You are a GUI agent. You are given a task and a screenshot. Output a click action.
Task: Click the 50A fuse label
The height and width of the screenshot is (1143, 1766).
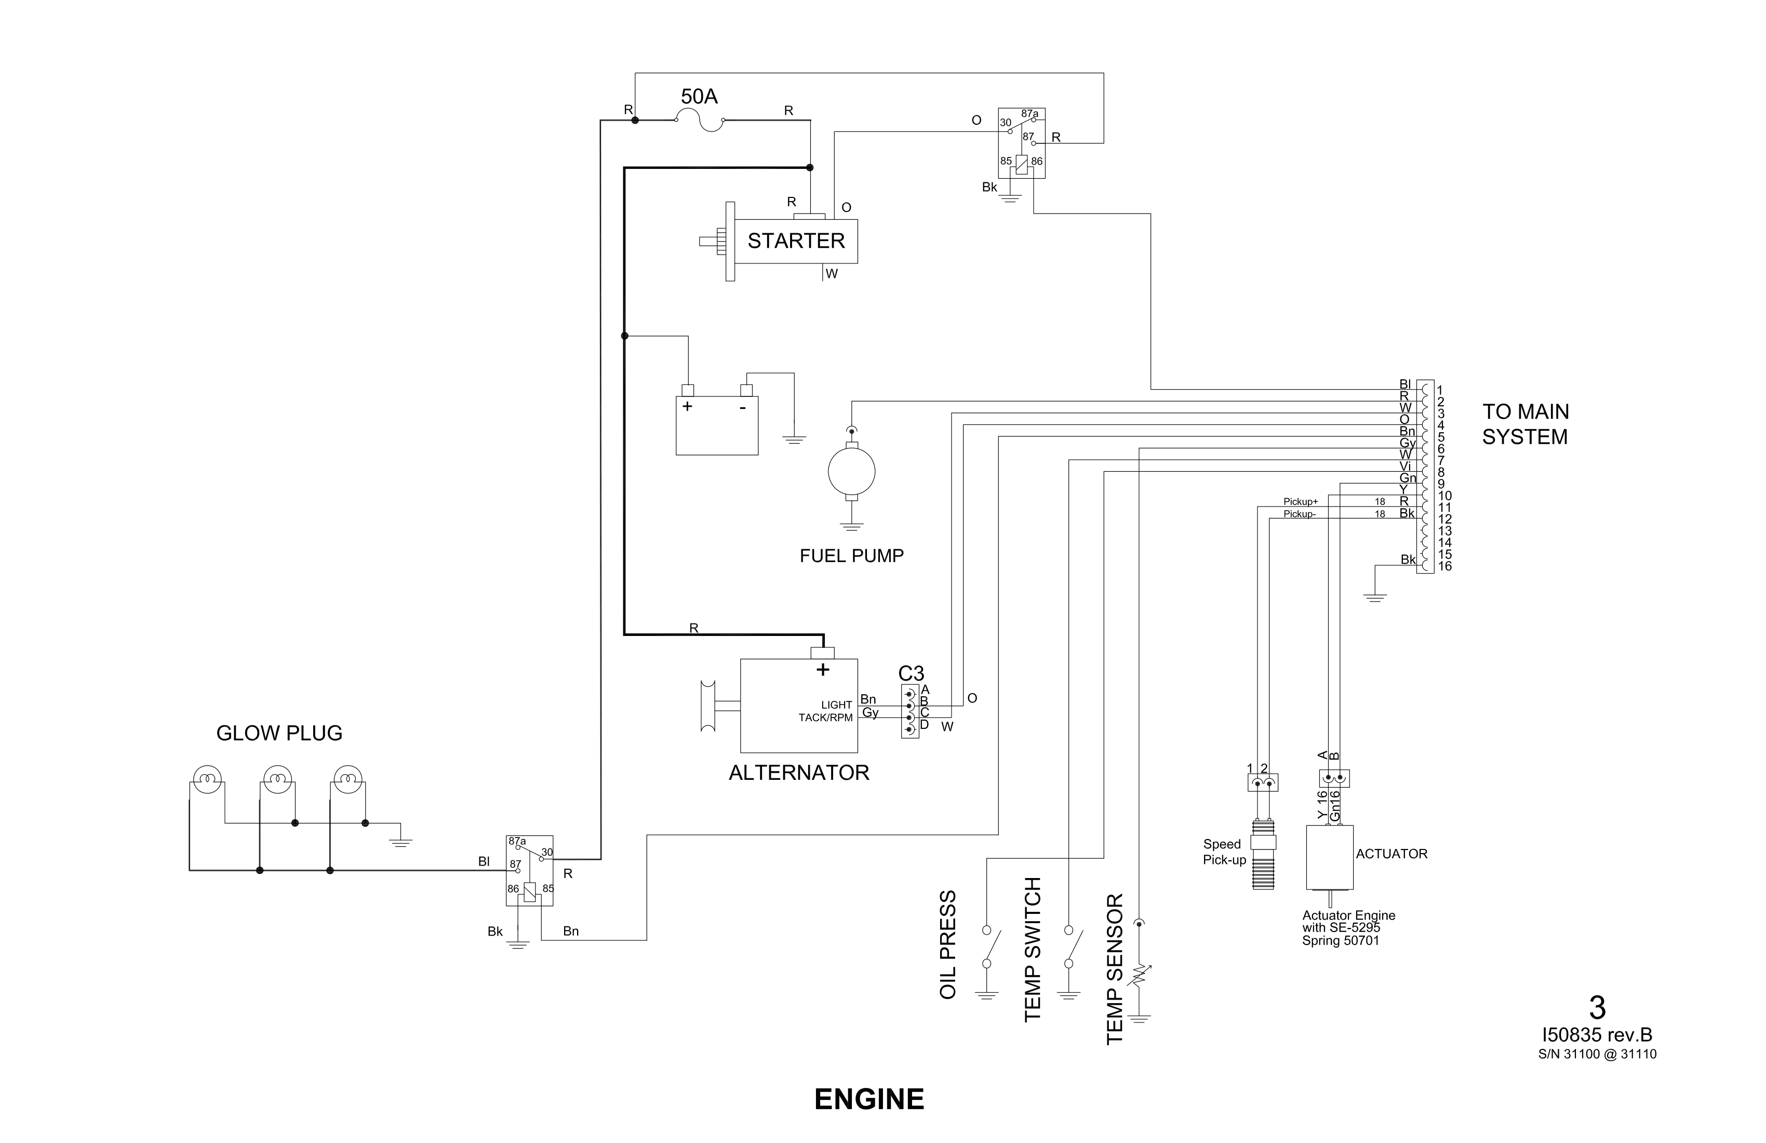point(699,97)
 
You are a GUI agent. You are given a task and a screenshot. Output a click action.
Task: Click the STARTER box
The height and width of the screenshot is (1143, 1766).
point(795,241)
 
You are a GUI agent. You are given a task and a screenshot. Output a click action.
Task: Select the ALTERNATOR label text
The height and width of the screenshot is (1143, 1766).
point(798,773)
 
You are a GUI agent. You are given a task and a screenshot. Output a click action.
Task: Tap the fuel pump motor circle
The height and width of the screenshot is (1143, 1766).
point(851,472)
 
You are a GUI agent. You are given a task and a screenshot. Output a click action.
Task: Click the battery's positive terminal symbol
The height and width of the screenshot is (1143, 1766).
point(688,407)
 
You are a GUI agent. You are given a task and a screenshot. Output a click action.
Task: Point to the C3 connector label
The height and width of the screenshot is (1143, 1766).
point(911,673)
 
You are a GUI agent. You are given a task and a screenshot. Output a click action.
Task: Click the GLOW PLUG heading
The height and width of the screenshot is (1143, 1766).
point(279,733)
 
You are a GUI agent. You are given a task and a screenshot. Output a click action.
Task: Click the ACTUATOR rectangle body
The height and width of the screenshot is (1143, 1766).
point(1329,857)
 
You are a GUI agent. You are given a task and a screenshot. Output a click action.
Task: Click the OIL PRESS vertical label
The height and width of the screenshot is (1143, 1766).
point(948,945)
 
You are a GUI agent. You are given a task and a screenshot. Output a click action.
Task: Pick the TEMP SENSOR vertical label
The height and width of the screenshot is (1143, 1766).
point(1115,969)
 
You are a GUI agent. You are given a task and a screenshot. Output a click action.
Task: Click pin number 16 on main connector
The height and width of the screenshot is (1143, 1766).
point(1444,566)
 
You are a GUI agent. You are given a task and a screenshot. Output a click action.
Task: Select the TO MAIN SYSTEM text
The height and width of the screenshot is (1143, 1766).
point(1525,424)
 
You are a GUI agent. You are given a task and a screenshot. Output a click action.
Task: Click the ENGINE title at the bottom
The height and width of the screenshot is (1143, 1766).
point(869,1099)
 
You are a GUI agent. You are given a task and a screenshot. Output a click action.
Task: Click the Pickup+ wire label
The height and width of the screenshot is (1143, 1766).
point(1301,502)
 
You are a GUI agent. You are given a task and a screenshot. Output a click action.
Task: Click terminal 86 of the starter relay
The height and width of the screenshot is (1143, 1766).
point(1037,161)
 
